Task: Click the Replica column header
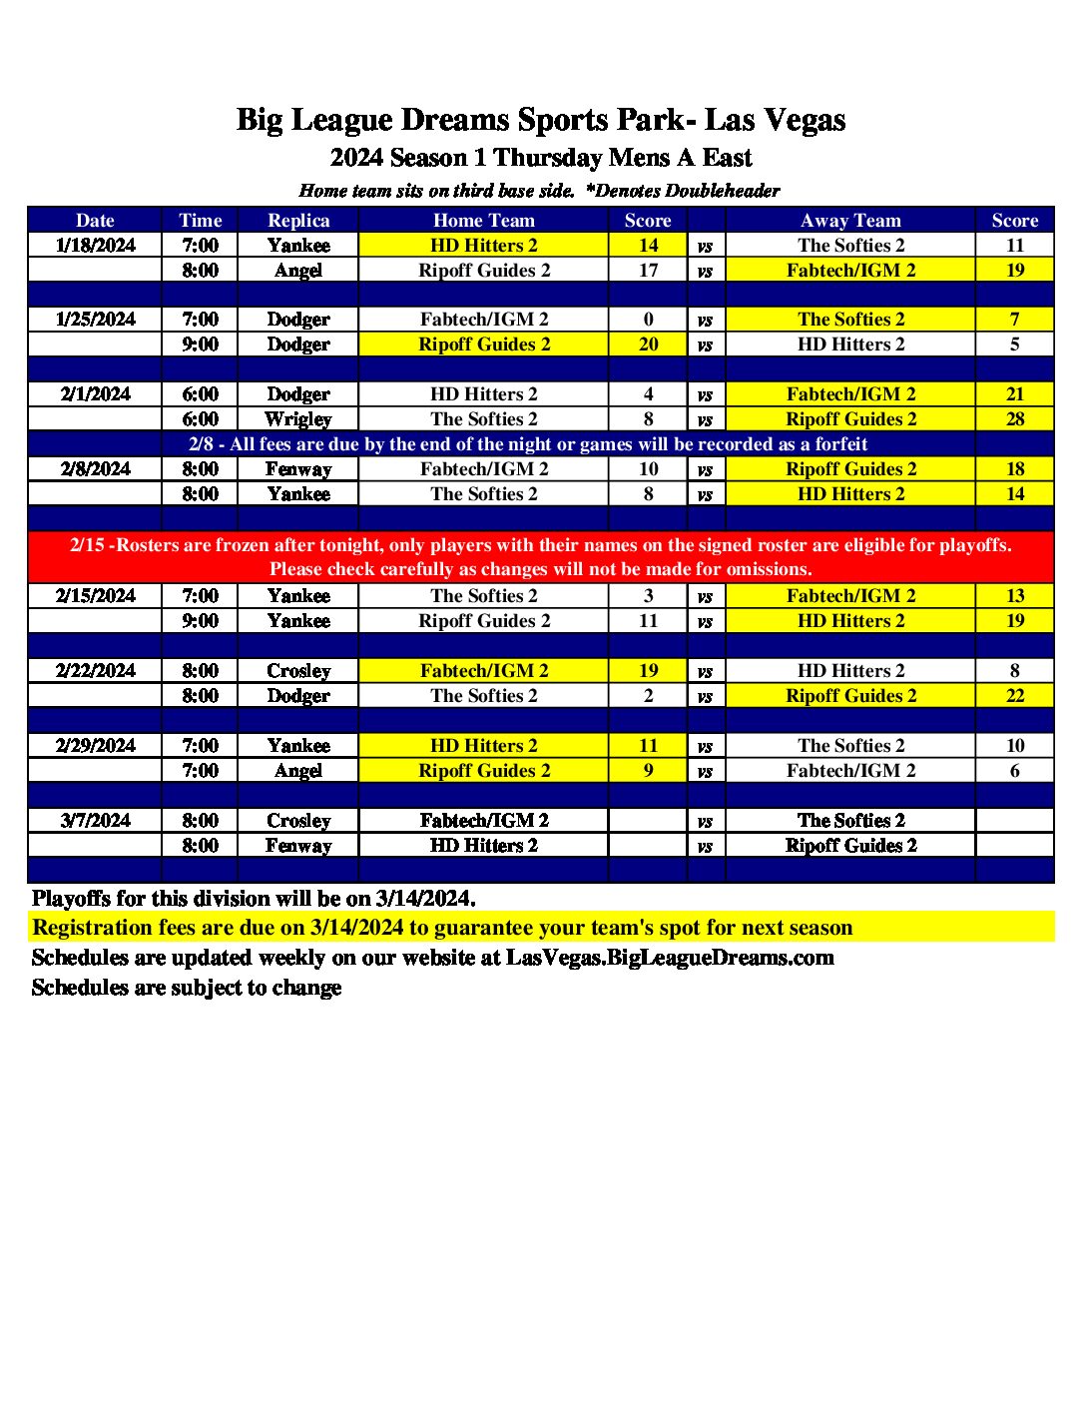pyautogui.click(x=298, y=221)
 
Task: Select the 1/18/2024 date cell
pyautogui.click(x=95, y=246)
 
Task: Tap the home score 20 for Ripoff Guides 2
pyautogui.click(x=648, y=345)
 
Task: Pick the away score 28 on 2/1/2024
pyautogui.click(x=1014, y=419)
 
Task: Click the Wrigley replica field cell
pyautogui.click(x=298, y=419)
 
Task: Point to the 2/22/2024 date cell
pyautogui.click(x=95, y=671)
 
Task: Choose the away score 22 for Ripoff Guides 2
pyautogui.click(x=1014, y=696)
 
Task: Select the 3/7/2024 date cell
pyautogui.click(x=95, y=821)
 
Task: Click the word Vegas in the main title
pyautogui.click(x=804, y=120)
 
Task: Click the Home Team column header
pyautogui.click(x=484, y=221)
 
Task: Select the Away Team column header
pyautogui.click(x=850, y=221)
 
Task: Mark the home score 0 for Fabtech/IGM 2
pyautogui.click(x=648, y=320)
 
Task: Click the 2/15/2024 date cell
pyautogui.click(x=95, y=596)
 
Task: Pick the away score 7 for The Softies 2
pyautogui.click(x=1014, y=320)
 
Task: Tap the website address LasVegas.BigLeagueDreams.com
pyautogui.click(x=670, y=958)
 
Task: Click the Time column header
pyautogui.click(x=200, y=221)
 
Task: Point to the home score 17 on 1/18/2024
pyautogui.click(x=648, y=271)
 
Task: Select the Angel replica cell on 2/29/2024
pyautogui.click(x=298, y=771)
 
